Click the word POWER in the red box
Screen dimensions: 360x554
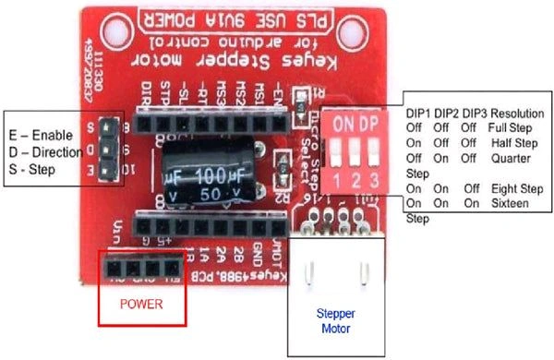[x=140, y=304]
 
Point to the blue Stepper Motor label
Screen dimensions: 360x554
[x=333, y=319]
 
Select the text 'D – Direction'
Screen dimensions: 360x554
[x=45, y=150]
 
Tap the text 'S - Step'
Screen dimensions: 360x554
[x=30, y=170]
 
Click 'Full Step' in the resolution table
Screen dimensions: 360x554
[x=512, y=127]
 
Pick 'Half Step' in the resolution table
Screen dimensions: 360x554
[x=513, y=142]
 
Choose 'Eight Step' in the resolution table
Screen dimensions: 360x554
[x=512, y=188]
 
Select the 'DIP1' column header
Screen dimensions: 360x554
[x=421, y=112]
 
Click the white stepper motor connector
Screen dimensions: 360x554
[x=332, y=268]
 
